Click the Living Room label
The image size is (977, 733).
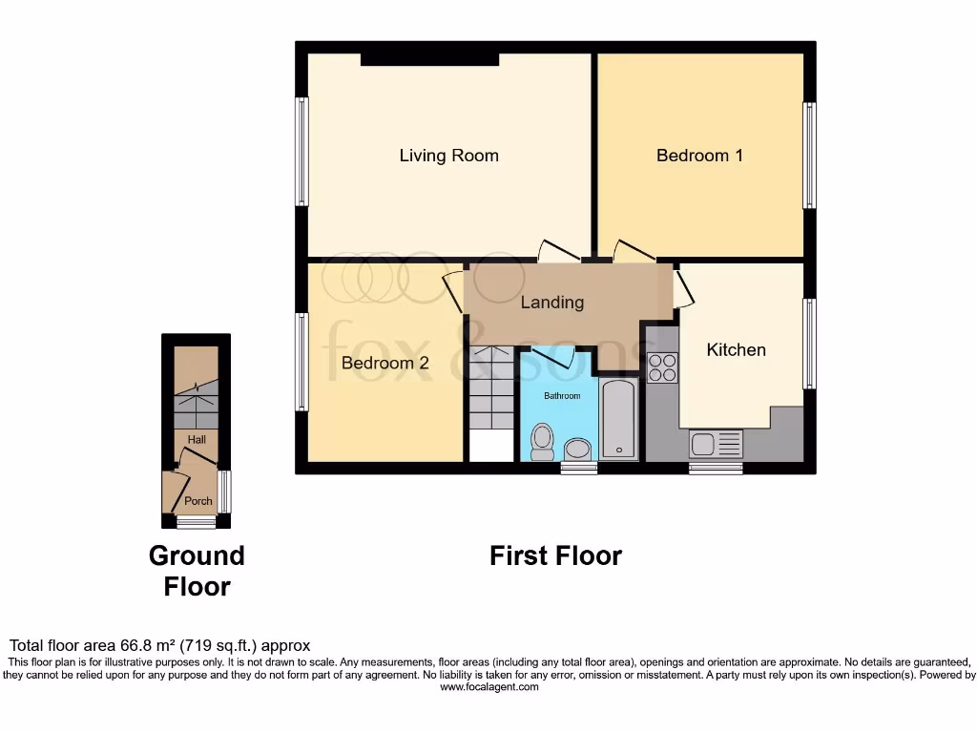click(x=448, y=156)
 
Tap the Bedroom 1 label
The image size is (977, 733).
click(x=699, y=156)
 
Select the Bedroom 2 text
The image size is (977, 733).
click(x=385, y=363)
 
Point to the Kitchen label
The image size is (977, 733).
click(x=736, y=350)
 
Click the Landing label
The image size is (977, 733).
click(x=551, y=303)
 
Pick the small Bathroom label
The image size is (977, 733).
click(x=562, y=395)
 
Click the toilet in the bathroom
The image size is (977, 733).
click(x=542, y=440)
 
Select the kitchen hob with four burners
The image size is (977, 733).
click(x=662, y=367)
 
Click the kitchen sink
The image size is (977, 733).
click(x=716, y=444)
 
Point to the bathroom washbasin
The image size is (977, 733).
click(x=578, y=450)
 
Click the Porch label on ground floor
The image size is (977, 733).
click(x=198, y=501)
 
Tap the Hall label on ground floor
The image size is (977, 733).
click(x=197, y=439)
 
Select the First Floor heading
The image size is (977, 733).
click(x=555, y=555)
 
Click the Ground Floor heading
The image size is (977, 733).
click(x=197, y=571)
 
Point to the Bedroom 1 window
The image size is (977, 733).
click(x=809, y=156)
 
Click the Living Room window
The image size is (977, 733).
click(x=301, y=152)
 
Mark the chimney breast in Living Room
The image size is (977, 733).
click(x=429, y=60)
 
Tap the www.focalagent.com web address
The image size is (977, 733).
click(x=489, y=686)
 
